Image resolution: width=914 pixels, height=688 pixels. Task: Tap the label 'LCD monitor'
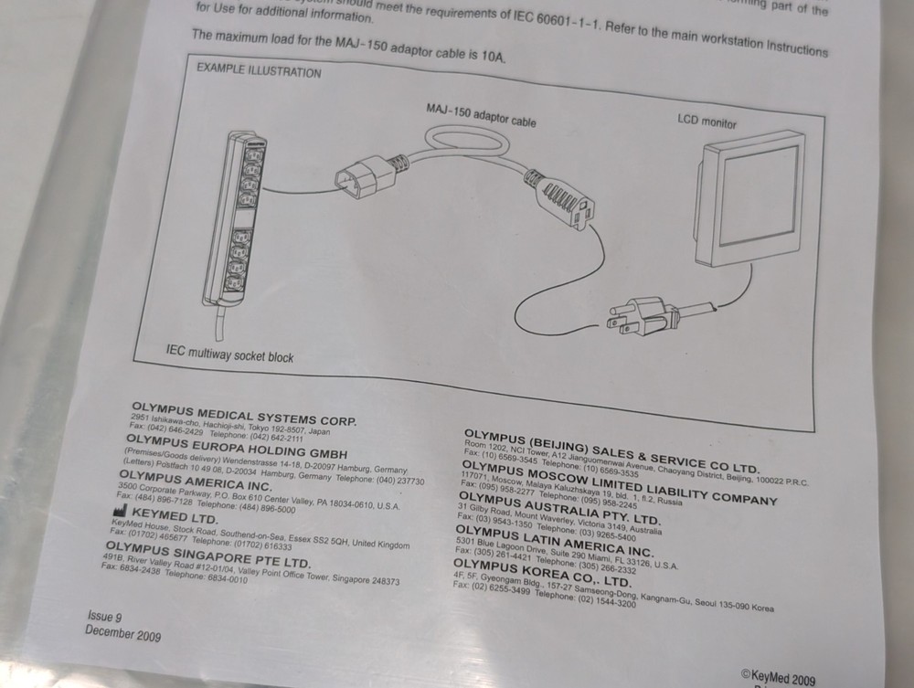(706, 121)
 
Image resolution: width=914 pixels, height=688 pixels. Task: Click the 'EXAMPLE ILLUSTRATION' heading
(259, 71)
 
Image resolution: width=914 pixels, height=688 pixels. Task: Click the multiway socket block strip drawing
(235, 217)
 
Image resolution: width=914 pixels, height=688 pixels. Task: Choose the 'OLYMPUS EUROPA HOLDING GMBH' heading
(236, 447)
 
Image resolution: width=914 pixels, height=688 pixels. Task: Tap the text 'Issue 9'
(104, 617)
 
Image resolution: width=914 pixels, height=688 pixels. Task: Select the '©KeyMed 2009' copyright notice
(778, 677)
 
